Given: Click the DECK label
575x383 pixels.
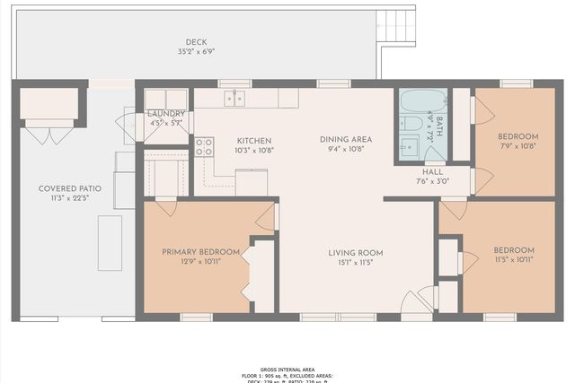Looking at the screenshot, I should (x=196, y=42).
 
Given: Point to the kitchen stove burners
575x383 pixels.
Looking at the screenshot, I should (x=204, y=146).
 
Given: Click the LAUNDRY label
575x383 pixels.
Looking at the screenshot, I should (x=166, y=114).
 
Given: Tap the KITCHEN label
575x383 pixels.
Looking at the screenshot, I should (x=254, y=140).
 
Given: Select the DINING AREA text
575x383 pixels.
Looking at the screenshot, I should (x=346, y=139).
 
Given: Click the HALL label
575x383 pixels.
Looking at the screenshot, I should (x=433, y=170).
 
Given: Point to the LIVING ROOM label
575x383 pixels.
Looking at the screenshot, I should (x=356, y=252).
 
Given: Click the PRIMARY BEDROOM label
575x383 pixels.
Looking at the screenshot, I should (x=200, y=251).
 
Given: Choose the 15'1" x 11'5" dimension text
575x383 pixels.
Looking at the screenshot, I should (x=356, y=262).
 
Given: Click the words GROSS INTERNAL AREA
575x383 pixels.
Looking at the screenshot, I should (x=287, y=370).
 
